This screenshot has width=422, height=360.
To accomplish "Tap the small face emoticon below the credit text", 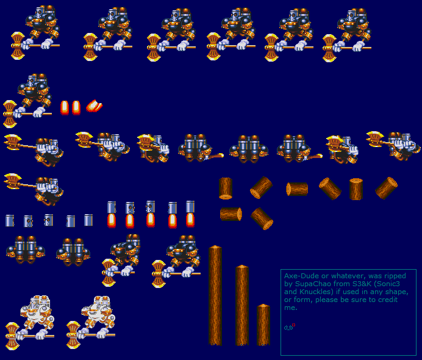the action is click(x=289, y=327).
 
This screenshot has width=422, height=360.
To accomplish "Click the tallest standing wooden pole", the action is click(x=215, y=295).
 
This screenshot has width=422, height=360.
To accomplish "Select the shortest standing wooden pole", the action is click(x=263, y=325).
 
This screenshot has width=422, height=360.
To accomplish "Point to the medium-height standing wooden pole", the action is click(x=242, y=305).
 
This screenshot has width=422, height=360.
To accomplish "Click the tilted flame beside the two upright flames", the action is click(x=94, y=106).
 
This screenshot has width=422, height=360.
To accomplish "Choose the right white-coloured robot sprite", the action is click(x=91, y=322).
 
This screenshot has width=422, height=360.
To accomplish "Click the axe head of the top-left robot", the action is click(x=18, y=46).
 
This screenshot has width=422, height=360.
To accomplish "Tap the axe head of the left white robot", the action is click(x=12, y=336).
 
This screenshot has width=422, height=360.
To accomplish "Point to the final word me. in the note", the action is click(x=291, y=308).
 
